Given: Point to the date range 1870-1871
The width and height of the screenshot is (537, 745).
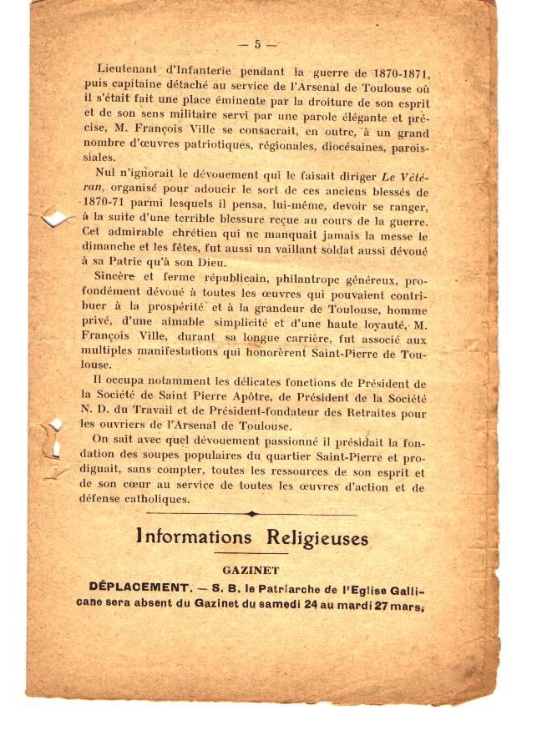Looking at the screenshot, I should pyautogui.click(x=393, y=73).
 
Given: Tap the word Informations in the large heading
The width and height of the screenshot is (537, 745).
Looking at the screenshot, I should pyautogui.click(x=193, y=538).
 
